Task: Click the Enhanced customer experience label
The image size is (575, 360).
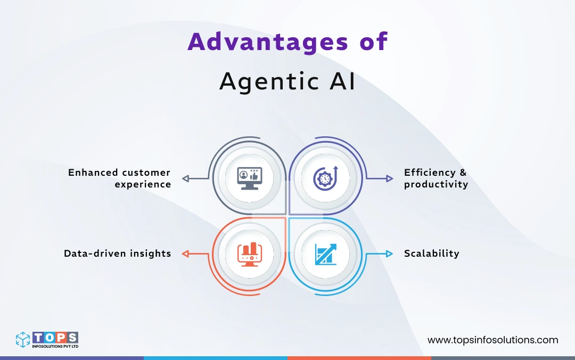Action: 119,178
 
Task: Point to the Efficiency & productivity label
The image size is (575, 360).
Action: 436,178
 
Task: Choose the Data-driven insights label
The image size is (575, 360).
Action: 117,253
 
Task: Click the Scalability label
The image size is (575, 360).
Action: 431,253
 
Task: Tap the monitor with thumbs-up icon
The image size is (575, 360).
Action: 250,178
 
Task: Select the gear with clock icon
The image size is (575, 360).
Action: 325,178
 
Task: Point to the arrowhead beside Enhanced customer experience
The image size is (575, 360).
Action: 185,178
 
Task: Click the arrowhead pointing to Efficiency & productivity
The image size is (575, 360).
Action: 390,178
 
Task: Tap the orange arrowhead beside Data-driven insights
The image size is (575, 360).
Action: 185,254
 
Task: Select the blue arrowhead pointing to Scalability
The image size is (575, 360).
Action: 390,254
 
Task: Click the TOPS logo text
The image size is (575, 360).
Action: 55,337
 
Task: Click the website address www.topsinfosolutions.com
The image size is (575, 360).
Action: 492,340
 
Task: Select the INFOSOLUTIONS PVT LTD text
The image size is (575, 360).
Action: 55,347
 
